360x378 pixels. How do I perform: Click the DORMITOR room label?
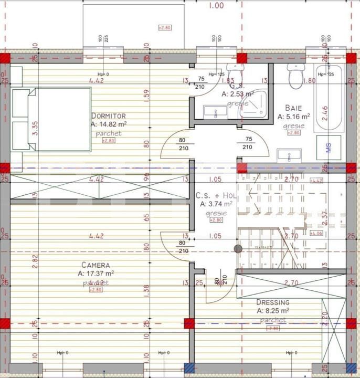(x=109, y=115)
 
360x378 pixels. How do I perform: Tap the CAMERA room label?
(x=96, y=265)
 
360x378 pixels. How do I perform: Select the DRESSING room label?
(x=272, y=302)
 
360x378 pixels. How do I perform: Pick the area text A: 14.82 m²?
(x=109, y=124)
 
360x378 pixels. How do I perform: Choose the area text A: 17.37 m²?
(x=96, y=274)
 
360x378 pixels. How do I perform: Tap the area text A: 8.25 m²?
(x=272, y=311)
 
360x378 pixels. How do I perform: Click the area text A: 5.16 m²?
(x=294, y=117)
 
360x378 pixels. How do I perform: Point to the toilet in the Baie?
(x=297, y=77)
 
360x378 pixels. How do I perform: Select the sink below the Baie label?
(x=289, y=155)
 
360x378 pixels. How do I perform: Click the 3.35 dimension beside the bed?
(x=20, y=128)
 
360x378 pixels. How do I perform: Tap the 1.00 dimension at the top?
(x=216, y=6)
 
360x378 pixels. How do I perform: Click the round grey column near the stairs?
(x=238, y=249)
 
